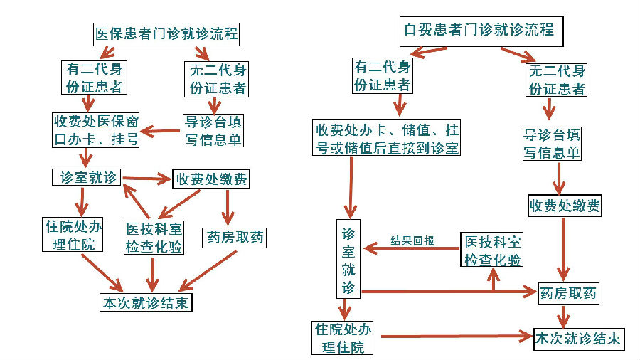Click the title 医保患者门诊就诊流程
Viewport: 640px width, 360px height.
point(166,33)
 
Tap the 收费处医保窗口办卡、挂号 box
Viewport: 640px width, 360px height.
point(95,129)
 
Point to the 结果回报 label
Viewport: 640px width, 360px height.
point(412,240)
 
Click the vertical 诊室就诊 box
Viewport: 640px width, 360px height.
point(348,259)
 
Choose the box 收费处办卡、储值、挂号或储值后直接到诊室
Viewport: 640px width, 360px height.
point(388,139)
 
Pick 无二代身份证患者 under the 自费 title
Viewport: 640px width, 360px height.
point(558,80)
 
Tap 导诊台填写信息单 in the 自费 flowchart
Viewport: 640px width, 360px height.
point(552,143)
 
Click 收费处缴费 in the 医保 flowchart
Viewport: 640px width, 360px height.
point(211,179)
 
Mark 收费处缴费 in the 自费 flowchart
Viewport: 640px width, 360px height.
point(565,206)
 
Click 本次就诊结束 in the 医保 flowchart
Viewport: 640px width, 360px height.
point(146,302)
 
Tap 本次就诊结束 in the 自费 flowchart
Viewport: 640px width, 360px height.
point(578,338)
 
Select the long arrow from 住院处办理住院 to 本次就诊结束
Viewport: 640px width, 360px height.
point(455,335)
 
